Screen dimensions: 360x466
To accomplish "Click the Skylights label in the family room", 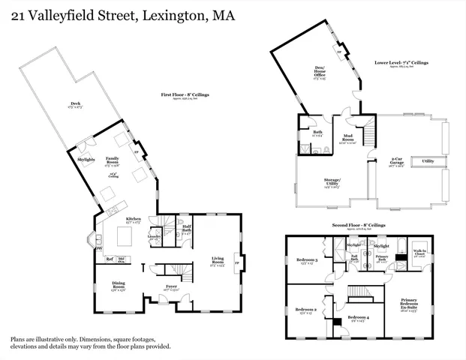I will [86, 159].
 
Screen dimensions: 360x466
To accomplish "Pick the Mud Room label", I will [347, 139].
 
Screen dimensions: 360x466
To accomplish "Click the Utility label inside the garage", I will [428, 160].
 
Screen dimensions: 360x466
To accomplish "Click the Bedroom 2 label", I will [305, 310].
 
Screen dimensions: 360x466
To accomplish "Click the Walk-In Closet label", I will [420, 253].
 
